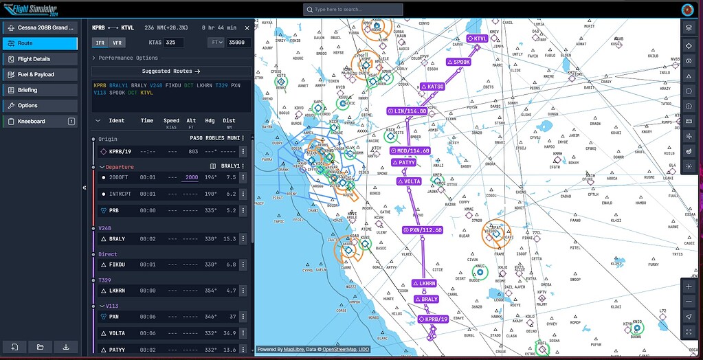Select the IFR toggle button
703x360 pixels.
[x=100, y=43]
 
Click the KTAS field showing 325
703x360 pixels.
[x=174, y=43]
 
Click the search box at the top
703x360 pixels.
[x=353, y=10]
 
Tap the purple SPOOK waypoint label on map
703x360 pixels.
[x=459, y=62]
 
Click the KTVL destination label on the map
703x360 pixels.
[x=477, y=38]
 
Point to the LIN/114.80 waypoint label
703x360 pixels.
[x=408, y=111]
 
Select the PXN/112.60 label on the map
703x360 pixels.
[x=423, y=230]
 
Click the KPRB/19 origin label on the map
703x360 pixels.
[x=434, y=319]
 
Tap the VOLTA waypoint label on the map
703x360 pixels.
[x=409, y=181]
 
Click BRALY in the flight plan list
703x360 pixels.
[x=117, y=239]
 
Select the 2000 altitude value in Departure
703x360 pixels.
[x=191, y=177]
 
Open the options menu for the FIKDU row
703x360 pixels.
[x=243, y=265]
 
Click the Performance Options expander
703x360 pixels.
[x=126, y=58]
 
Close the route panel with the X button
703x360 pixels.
[x=247, y=27]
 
